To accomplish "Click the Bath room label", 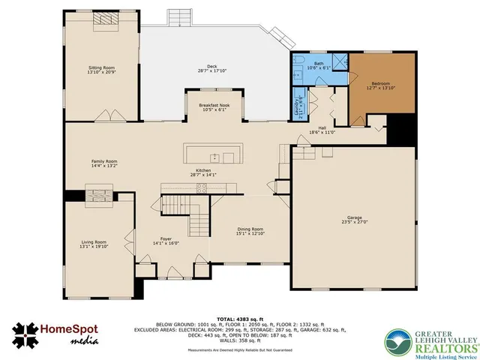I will point(319,64).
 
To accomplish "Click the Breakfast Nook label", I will point(214,105).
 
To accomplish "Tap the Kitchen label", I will point(205,171).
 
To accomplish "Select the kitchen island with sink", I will point(213,157).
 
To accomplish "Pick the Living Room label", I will point(94,242).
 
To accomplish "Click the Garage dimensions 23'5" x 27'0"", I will point(354,222).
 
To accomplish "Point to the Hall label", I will point(322,128).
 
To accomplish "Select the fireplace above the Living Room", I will point(99,196).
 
